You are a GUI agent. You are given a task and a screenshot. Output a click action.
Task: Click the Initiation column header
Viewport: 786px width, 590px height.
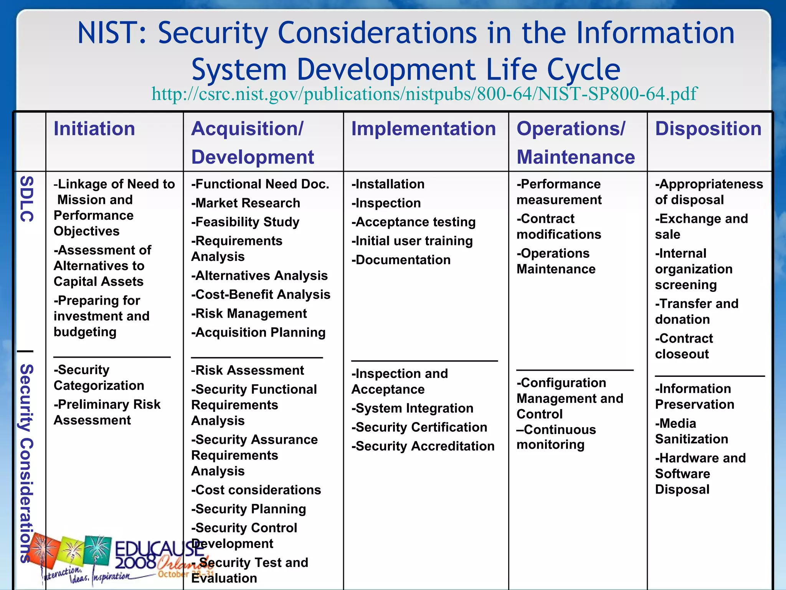click(94, 128)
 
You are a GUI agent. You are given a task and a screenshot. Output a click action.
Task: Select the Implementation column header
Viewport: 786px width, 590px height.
click(424, 128)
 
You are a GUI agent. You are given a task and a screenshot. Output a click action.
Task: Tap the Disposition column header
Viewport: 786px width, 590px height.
click(708, 128)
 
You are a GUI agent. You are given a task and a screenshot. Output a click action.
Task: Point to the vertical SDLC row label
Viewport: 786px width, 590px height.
click(26, 199)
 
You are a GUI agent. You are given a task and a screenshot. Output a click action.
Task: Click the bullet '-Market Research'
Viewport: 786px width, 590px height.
click(246, 203)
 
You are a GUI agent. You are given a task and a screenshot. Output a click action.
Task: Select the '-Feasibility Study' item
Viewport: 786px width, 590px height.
click(245, 222)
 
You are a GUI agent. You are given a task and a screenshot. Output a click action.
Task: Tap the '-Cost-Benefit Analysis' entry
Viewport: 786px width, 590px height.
click(261, 294)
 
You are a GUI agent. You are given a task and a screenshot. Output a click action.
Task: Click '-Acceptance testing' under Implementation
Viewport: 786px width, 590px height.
click(413, 222)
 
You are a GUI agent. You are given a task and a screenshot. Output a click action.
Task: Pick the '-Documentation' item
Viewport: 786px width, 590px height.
click(401, 260)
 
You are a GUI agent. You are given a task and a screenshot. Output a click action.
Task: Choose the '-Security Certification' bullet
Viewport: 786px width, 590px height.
click(419, 427)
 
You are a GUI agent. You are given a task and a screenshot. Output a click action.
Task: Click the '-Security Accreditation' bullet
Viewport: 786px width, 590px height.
click(423, 446)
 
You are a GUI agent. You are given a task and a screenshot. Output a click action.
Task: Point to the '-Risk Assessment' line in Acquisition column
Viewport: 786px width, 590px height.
click(248, 370)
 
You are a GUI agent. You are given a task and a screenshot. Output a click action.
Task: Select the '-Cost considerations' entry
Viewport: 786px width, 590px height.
click(256, 490)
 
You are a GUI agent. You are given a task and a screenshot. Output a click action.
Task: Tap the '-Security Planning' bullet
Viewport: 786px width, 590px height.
click(249, 509)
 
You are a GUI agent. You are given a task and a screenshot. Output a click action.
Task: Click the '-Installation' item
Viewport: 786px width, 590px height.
click(388, 184)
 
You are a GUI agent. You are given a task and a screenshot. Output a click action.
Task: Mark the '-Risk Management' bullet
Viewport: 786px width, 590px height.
click(249, 313)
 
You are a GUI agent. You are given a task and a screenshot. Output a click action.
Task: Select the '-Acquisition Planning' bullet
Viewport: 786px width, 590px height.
click(258, 332)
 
